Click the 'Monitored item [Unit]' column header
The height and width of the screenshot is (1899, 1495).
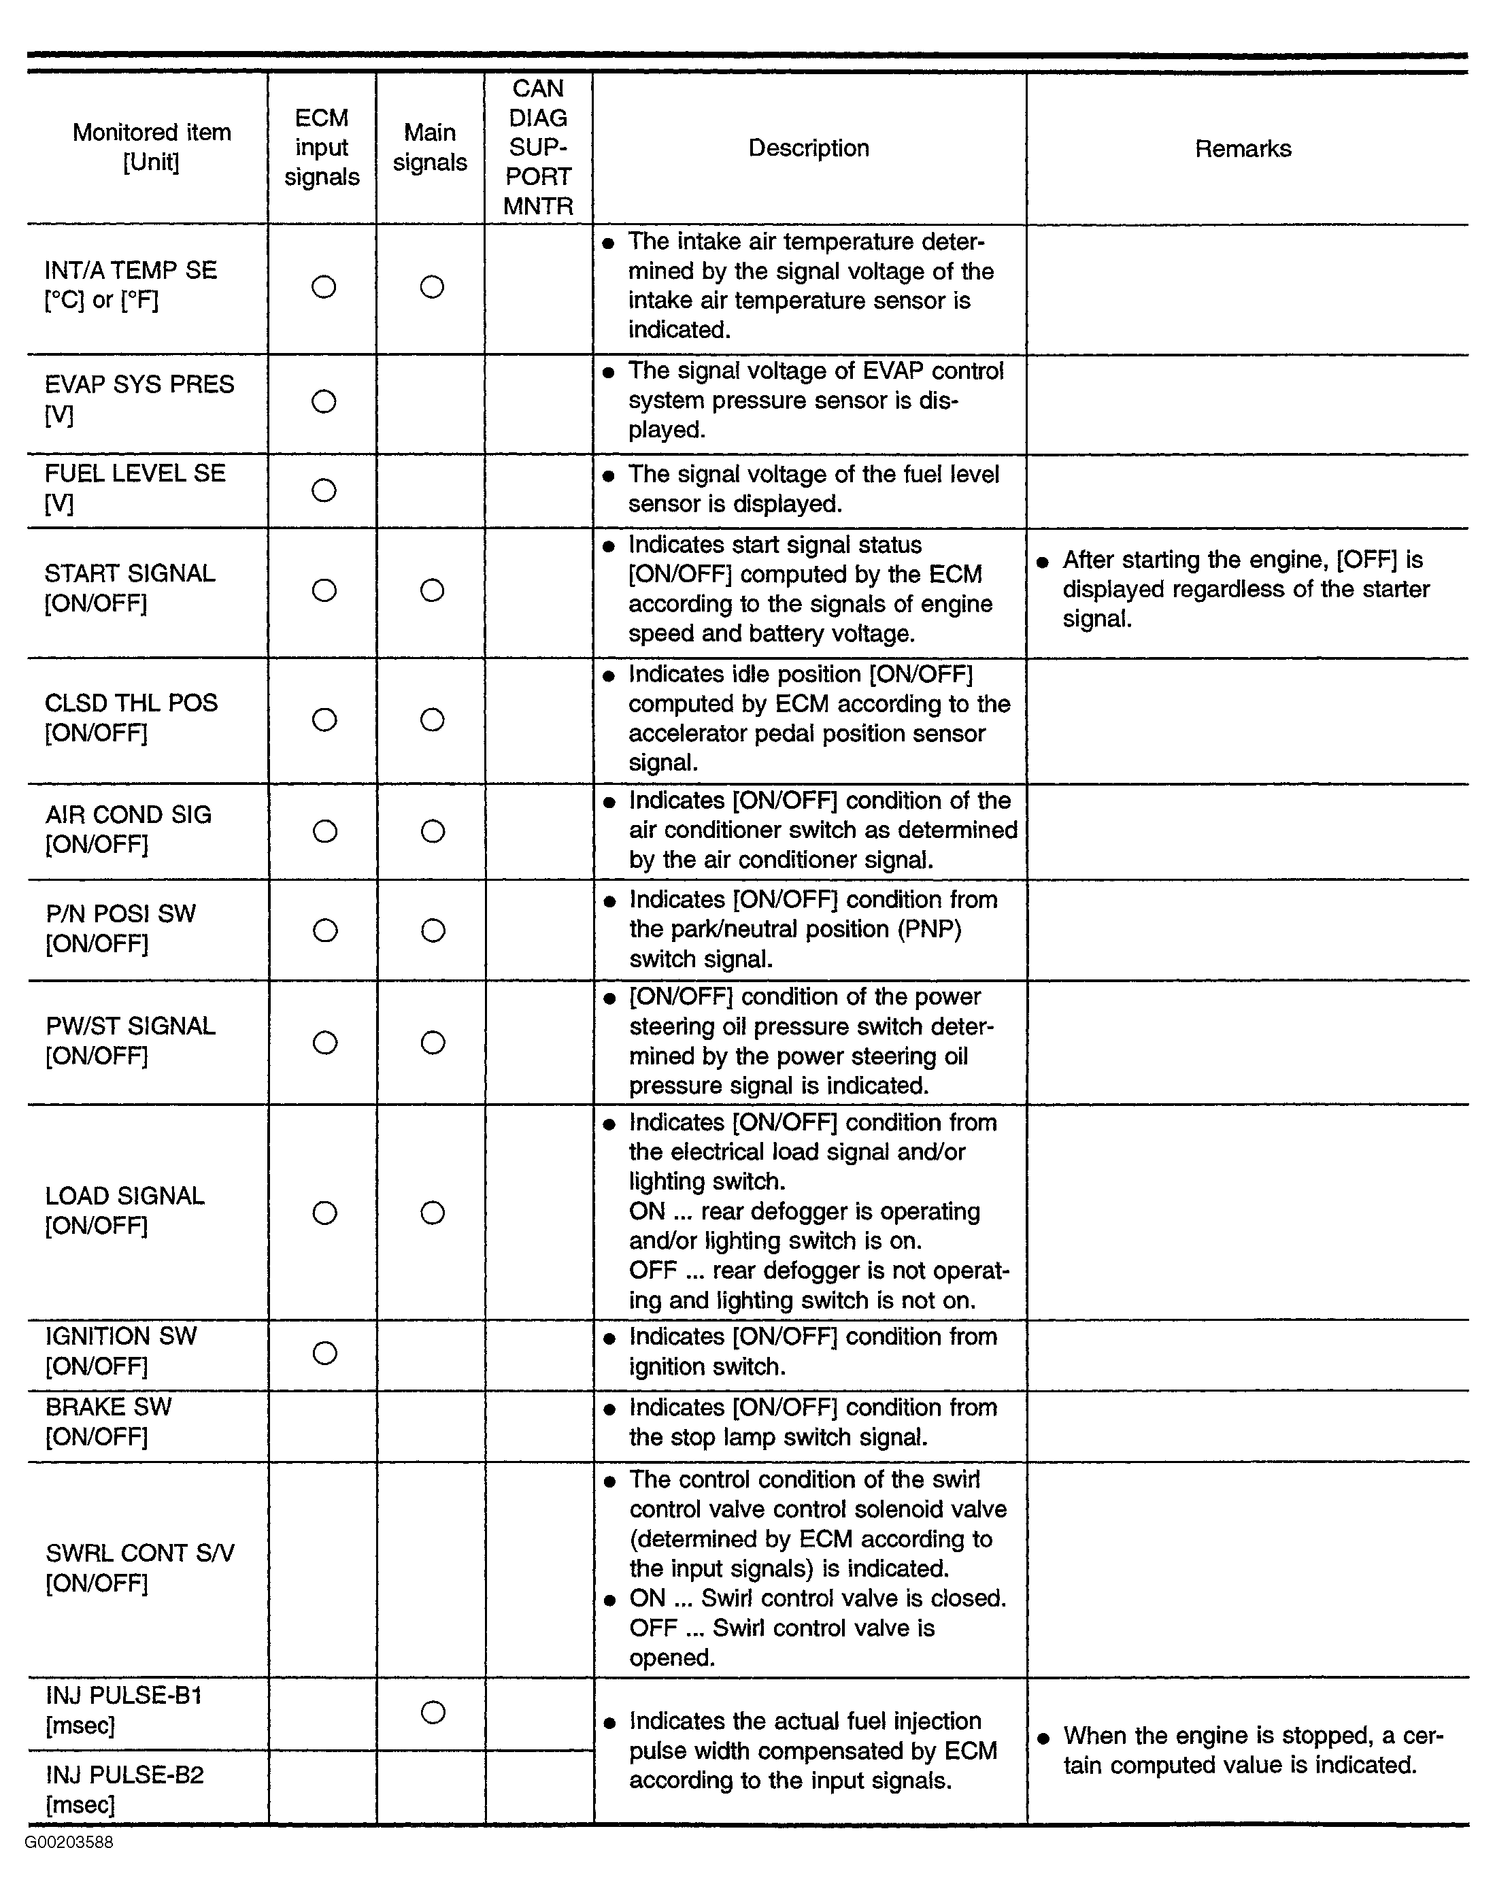[x=152, y=147]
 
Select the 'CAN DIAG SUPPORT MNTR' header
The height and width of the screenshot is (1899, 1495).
[x=537, y=147]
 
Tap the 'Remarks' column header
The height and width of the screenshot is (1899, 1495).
[x=1242, y=149]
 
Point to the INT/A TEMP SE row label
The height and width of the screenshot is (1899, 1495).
[x=131, y=284]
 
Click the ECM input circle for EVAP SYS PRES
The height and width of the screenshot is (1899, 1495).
[x=324, y=402]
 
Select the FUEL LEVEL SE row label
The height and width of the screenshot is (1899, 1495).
[x=135, y=488]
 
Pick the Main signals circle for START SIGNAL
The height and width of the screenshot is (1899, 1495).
[x=433, y=590]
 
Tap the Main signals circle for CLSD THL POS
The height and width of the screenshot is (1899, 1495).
[x=433, y=720]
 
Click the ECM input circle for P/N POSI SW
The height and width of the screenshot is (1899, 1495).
[x=324, y=930]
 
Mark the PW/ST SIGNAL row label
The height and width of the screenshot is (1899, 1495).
[x=131, y=1040]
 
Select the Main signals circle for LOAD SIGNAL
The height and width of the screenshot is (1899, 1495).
[x=433, y=1212]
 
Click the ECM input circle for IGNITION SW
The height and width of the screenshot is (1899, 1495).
[x=324, y=1353]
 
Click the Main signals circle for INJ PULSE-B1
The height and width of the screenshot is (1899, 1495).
[x=433, y=1712]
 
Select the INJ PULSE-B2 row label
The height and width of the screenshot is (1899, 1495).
[x=124, y=1789]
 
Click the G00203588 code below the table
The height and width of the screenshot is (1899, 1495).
[x=69, y=1842]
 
